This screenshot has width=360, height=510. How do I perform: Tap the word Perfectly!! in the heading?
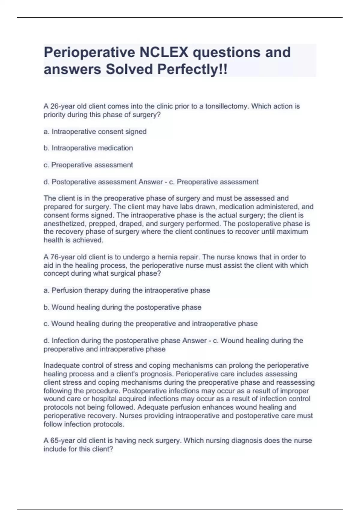192,70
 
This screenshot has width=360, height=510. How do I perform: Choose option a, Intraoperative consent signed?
95,131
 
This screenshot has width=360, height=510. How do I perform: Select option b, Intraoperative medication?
88,148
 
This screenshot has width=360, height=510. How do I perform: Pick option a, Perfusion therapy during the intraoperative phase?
127,290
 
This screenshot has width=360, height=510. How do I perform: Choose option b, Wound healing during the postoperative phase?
122,307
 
